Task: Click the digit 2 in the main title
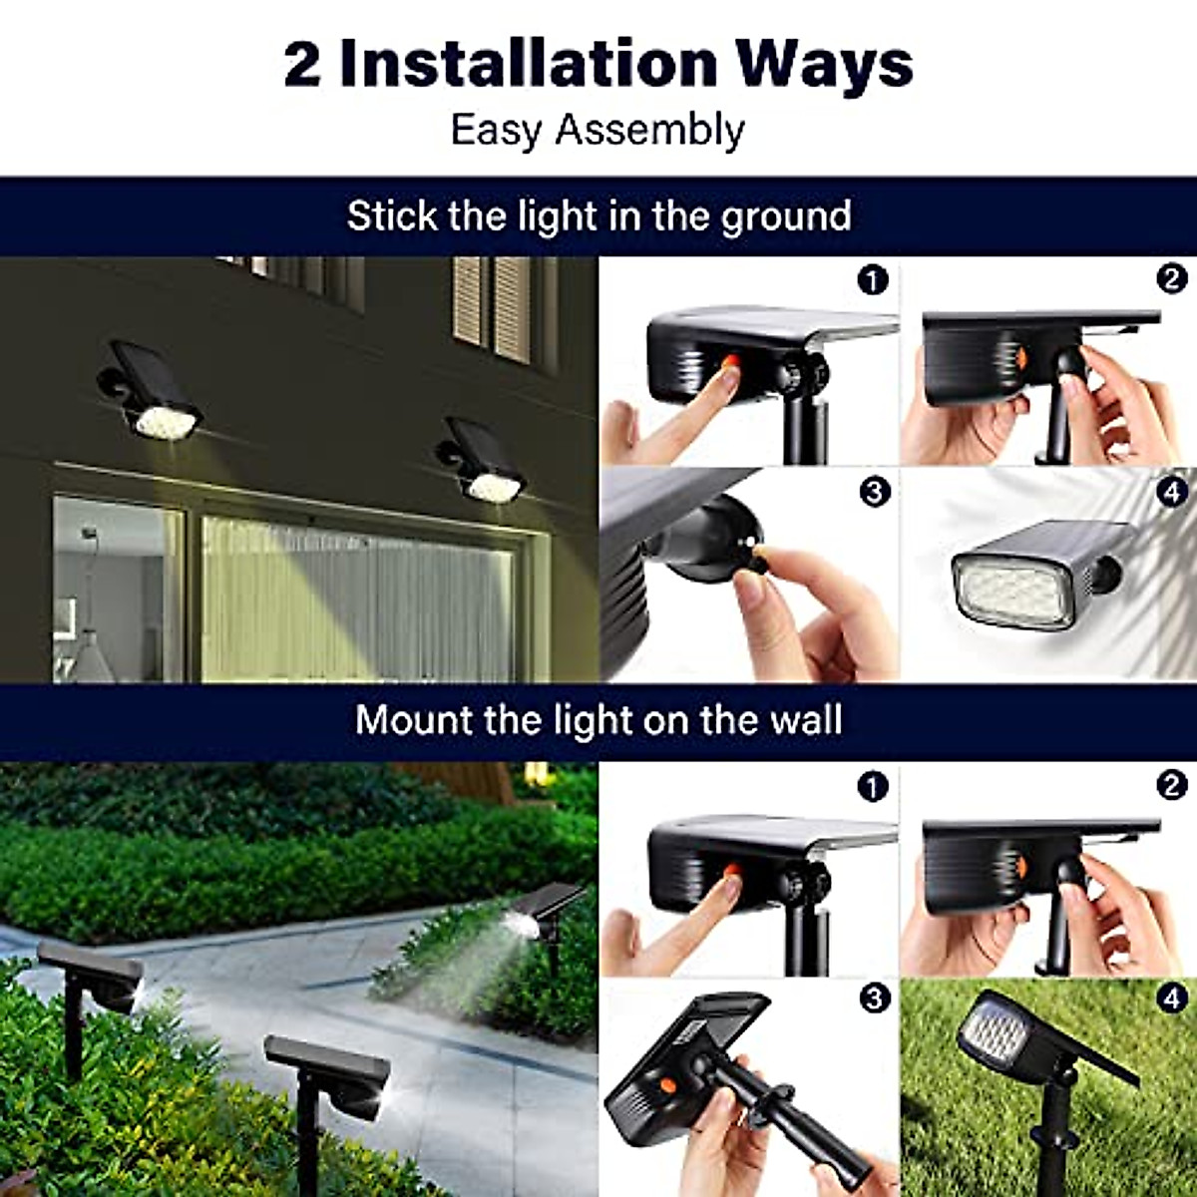pyautogui.click(x=302, y=64)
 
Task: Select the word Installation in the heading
pyautogui.click(x=529, y=64)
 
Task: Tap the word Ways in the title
pyautogui.click(x=830, y=64)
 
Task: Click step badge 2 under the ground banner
pyautogui.click(x=1172, y=280)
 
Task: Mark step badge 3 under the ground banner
pyautogui.click(x=874, y=492)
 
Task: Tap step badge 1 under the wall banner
pyautogui.click(x=873, y=787)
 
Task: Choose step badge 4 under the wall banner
pyautogui.click(x=1172, y=998)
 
